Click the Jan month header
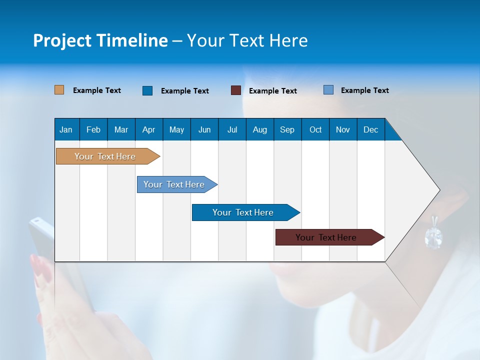click(x=66, y=129)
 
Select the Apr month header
click(x=148, y=129)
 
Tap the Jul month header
click(x=232, y=129)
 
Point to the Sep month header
click(x=287, y=129)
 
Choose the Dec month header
click(x=370, y=129)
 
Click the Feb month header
click(x=93, y=129)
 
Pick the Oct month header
click(x=315, y=129)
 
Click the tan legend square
click(x=59, y=90)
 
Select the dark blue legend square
click(x=147, y=90)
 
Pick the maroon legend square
click(x=236, y=90)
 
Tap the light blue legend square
click(x=328, y=90)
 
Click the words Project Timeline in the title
click(x=100, y=40)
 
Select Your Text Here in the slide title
click(x=247, y=40)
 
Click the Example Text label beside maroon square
click(x=273, y=91)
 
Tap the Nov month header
click(x=343, y=129)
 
